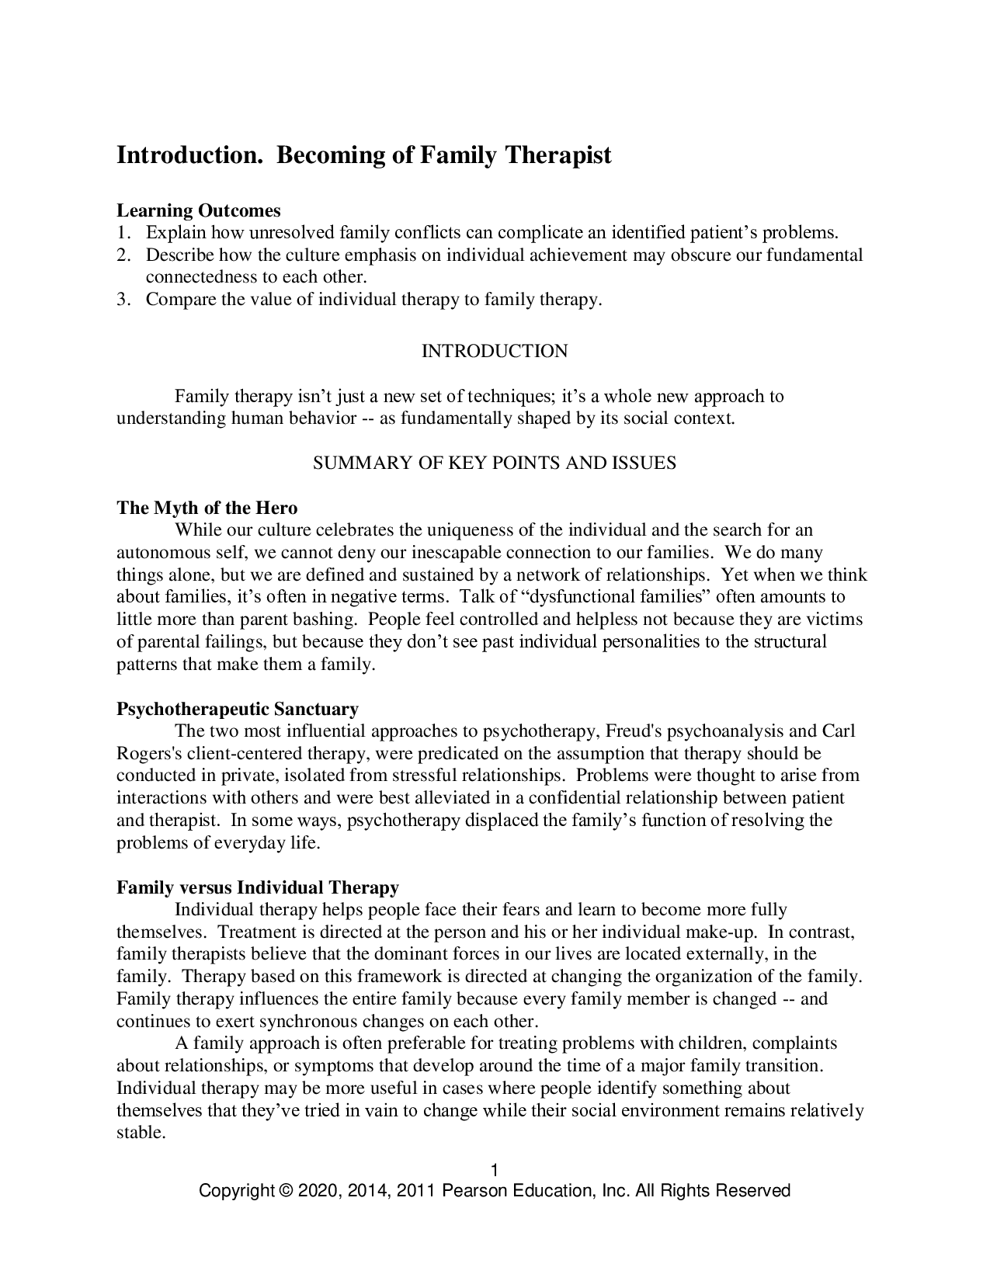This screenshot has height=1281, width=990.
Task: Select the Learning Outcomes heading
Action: point(199,210)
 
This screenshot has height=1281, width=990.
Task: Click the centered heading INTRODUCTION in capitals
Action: point(495,352)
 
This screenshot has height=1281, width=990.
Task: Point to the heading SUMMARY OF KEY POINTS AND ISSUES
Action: point(495,463)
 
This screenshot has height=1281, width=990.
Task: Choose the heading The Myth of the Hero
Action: point(207,509)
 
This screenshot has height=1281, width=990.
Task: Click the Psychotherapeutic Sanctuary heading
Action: point(238,710)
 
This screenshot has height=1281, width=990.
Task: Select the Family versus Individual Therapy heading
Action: point(258,888)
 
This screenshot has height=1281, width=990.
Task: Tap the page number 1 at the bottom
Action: point(495,1170)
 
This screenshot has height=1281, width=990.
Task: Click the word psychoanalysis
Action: point(726,731)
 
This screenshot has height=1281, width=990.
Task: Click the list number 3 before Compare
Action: point(122,300)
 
